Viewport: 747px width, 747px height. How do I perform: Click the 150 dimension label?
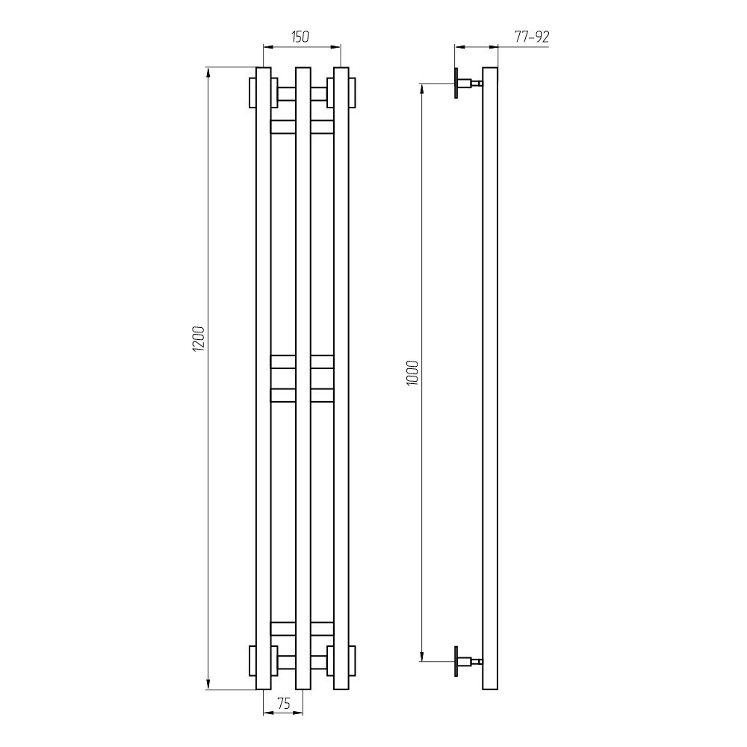[x=300, y=37]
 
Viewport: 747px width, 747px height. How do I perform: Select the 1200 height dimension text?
[x=198, y=338]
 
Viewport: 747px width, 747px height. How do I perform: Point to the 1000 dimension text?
[x=412, y=373]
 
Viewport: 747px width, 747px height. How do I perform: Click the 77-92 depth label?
[x=532, y=37]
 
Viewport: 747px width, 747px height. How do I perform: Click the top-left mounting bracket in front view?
[x=264, y=93]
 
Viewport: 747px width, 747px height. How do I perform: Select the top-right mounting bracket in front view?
[x=341, y=93]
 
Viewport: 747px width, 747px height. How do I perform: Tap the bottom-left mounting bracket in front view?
[x=264, y=661]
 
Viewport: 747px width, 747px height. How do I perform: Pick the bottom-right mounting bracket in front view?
[x=341, y=661]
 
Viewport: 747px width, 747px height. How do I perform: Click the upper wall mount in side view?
[x=468, y=84]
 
